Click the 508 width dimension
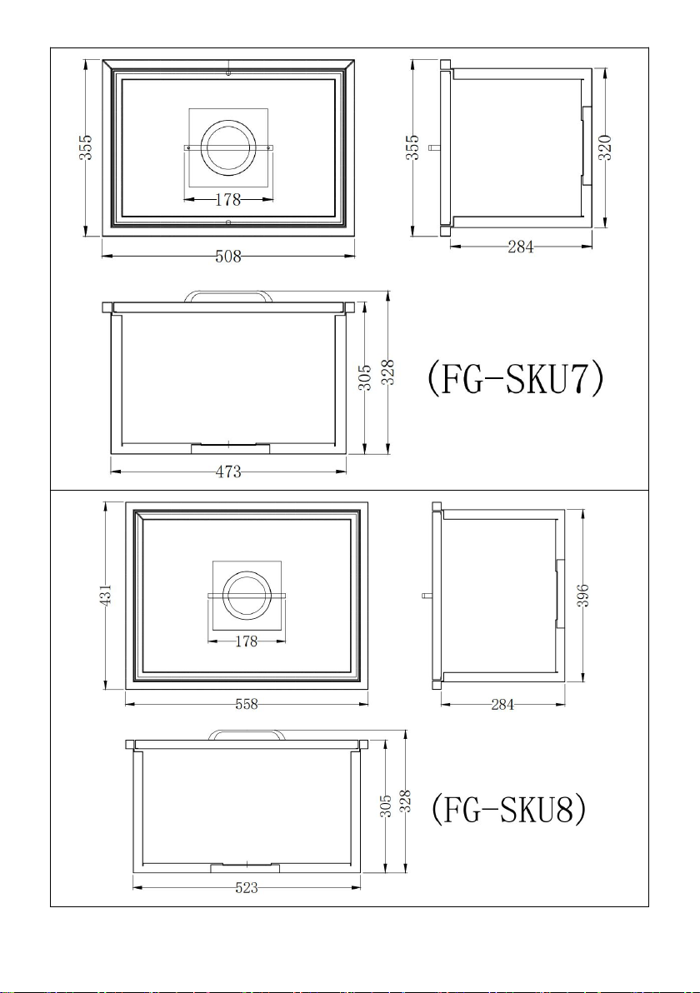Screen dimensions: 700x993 228,256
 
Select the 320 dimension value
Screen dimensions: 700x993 604,147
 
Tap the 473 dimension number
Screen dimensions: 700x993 228,472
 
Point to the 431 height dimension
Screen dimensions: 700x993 106,596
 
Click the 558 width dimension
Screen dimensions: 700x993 247,704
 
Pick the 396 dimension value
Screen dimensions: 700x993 583,596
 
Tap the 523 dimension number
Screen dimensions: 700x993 247,888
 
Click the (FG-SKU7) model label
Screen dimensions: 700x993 514,379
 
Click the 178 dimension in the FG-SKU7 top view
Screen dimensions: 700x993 228,199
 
